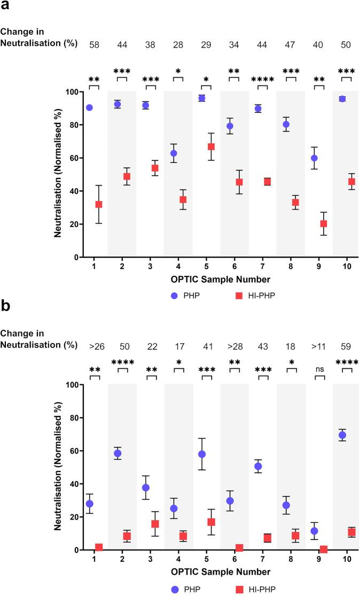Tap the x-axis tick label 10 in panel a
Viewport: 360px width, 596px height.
347,266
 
